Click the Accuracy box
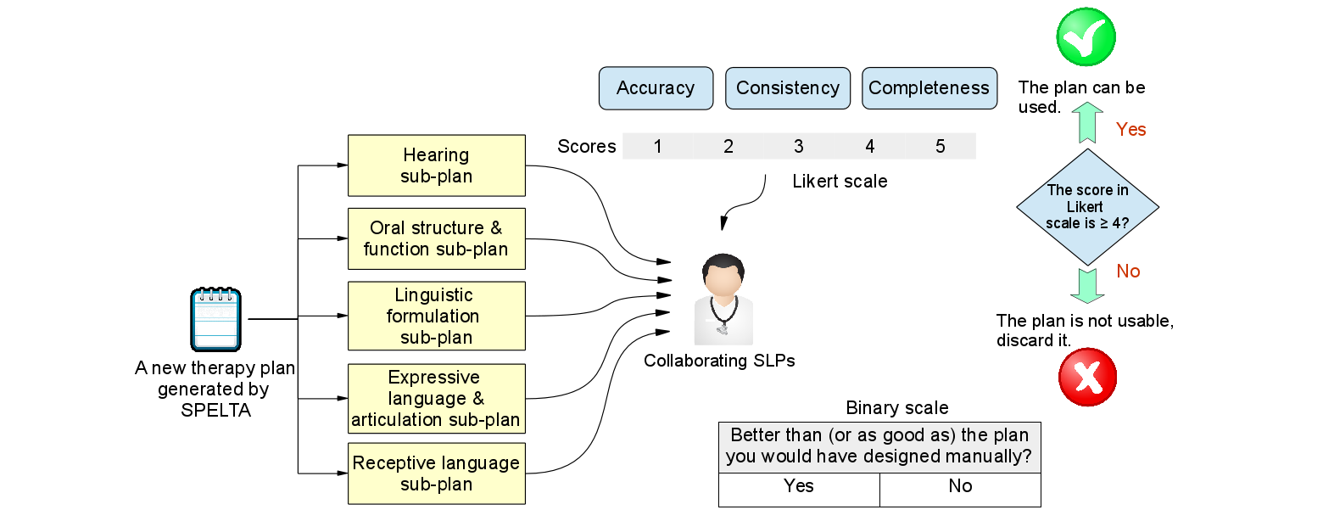(x=656, y=88)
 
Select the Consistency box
(x=787, y=88)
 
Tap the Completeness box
(x=929, y=88)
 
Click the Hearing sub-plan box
(x=437, y=165)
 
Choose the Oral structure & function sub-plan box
(x=437, y=238)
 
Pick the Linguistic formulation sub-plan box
(x=437, y=316)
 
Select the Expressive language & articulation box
(x=437, y=399)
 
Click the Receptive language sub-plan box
(x=437, y=473)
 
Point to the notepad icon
(x=215, y=320)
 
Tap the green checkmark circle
(x=1086, y=36)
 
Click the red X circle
(x=1088, y=378)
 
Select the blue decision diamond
(x=1087, y=207)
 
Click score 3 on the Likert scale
(x=799, y=146)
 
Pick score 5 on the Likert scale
(x=941, y=146)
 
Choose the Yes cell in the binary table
(x=799, y=486)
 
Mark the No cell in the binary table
(x=960, y=486)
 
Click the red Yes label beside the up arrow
(x=1130, y=129)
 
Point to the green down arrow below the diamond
(x=1087, y=285)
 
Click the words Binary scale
(x=897, y=408)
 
